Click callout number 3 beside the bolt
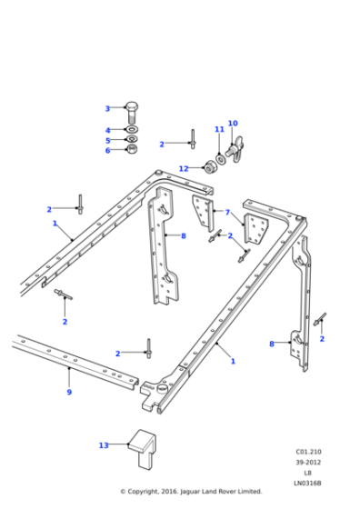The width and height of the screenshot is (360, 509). coord(107,108)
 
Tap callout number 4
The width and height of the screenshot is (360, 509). coord(107,130)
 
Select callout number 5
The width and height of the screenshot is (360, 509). coord(107,140)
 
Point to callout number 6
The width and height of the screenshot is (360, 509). coord(107,150)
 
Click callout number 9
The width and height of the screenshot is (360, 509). coord(69,392)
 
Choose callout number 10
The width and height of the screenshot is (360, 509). coord(233,123)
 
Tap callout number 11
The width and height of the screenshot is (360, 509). coord(219,130)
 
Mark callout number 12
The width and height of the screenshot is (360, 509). coord(184,168)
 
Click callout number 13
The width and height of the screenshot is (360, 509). coord(104,445)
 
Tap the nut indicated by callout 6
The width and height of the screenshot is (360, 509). coord(131,150)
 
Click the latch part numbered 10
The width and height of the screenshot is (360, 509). coord(238,147)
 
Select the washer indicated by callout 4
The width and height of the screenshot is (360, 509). coord(131,130)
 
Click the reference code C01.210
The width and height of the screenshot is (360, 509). coord(307,451)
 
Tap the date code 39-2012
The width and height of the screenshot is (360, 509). coord(307,462)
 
